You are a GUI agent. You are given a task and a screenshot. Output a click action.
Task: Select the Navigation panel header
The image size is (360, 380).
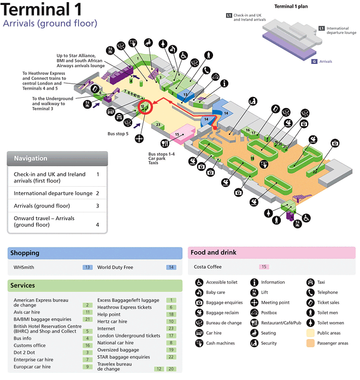point(31,158)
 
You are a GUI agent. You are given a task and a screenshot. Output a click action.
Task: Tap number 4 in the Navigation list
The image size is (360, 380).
point(97,224)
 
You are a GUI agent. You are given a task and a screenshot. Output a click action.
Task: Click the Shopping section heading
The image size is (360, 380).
point(25,253)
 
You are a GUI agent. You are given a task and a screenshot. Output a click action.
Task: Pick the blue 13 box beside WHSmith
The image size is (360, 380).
point(87,268)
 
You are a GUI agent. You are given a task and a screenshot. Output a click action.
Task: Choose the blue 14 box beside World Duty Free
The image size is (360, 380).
point(171,268)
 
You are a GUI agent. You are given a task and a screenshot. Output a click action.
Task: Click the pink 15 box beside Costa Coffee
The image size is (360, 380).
point(264,267)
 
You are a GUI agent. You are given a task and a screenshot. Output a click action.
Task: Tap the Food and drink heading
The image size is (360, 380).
point(213,253)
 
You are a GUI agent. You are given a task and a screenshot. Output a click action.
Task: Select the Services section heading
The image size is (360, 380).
point(23,285)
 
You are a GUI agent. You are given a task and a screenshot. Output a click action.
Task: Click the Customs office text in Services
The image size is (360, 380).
point(29,345)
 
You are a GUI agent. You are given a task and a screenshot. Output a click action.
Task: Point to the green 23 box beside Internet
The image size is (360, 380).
point(170,328)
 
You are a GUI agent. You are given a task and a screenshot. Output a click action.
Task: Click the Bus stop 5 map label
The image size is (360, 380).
point(118,133)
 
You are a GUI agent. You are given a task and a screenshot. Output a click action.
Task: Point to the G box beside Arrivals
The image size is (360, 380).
point(315,62)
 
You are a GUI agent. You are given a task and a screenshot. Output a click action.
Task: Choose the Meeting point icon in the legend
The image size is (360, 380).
point(255,302)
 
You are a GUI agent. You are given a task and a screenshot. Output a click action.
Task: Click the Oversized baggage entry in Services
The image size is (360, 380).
point(118,349)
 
